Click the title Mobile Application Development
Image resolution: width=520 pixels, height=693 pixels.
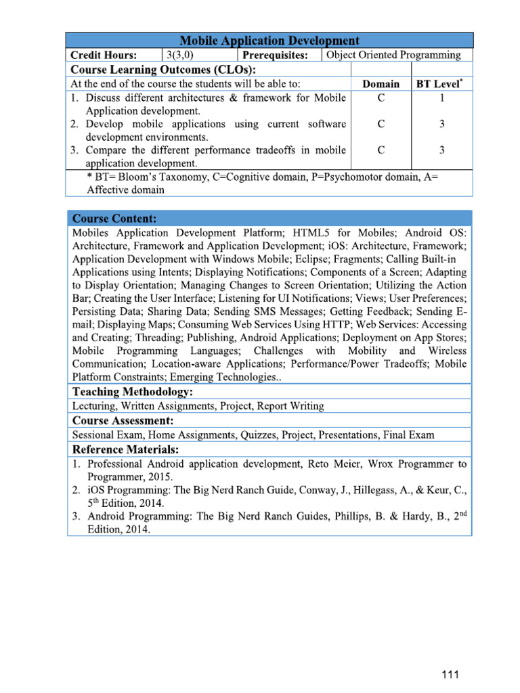click(269, 41)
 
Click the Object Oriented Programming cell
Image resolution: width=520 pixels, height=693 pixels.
click(393, 55)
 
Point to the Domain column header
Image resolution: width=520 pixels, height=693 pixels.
click(381, 85)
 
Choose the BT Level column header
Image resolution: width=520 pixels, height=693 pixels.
click(440, 85)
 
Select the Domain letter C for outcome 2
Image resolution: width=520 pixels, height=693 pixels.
click(381, 124)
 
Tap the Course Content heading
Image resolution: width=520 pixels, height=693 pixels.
click(114, 219)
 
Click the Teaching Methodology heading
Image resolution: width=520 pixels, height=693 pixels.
click(133, 392)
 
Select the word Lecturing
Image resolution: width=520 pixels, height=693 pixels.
click(94, 406)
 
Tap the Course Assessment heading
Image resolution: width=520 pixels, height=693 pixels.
click(123, 420)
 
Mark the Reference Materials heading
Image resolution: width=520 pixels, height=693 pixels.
click(126, 449)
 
